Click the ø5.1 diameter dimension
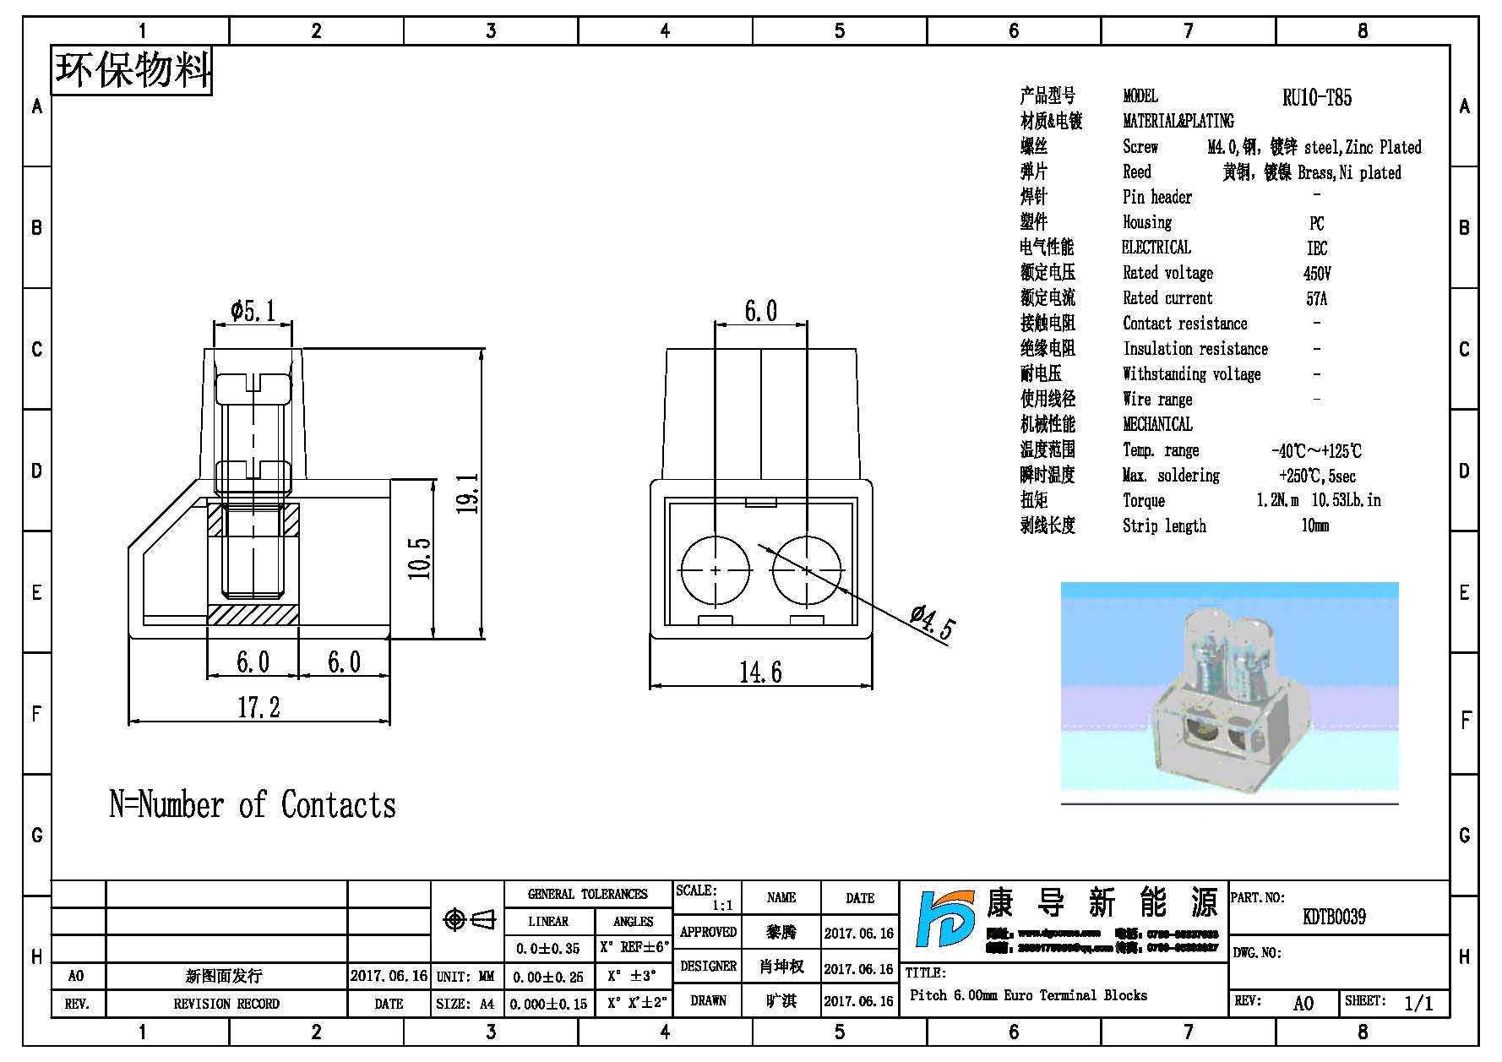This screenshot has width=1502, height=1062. (x=253, y=311)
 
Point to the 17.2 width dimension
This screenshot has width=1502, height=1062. (x=258, y=707)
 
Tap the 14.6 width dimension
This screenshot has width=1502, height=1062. (x=760, y=673)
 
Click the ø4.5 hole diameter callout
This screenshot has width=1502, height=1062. (x=933, y=623)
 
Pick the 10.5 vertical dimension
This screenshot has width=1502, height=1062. (x=420, y=558)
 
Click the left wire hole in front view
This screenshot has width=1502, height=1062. (x=715, y=570)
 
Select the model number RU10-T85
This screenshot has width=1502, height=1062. (x=1316, y=98)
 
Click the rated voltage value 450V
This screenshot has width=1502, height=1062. (x=1316, y=274)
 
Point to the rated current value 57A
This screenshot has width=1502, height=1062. (x=1316, y=299)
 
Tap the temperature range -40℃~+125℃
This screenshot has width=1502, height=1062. (x=1316, y=451)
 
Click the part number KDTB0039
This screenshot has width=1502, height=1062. (x=1334, y=917)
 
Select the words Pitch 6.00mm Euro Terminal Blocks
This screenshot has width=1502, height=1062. (x=1028, y=995)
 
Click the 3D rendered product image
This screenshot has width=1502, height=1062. (x=1229, y=693)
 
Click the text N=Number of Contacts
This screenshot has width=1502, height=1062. (x=252, y=805)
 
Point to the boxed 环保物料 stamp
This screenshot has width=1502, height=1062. (x=132, y=69)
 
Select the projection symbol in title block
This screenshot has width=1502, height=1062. (x=469, y=919)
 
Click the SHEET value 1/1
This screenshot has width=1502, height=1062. (x=1418, y=1003)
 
